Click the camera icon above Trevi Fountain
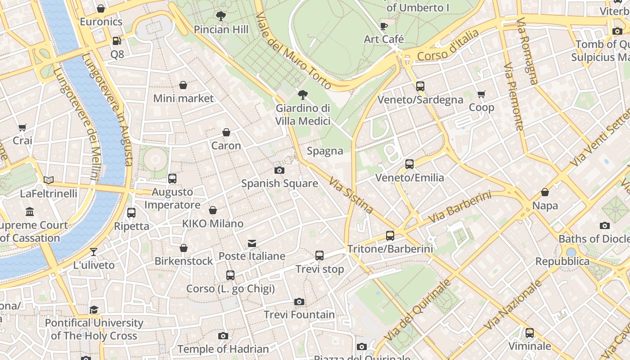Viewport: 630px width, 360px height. point(299,301)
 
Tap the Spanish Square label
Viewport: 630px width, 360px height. point(279,184)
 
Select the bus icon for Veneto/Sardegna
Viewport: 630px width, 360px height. point(420,86)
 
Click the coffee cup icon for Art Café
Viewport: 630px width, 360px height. point(384,27)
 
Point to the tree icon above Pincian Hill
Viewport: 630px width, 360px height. point(220,17)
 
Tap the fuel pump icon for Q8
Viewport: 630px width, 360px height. point(117,41)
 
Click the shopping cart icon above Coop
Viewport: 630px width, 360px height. point(481,94)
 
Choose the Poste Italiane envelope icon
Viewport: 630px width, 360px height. point(252,243)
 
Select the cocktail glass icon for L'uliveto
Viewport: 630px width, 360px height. point(94,252)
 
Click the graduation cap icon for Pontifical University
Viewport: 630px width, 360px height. point(94,310)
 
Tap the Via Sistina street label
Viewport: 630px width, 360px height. point(351,195)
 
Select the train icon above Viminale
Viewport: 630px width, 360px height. point(530,333)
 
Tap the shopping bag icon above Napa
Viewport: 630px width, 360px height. point(545,193)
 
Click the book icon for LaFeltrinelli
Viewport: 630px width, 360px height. point(49,180)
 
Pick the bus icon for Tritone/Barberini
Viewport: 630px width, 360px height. point(390,236)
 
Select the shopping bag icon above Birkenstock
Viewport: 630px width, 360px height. point(184,248)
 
